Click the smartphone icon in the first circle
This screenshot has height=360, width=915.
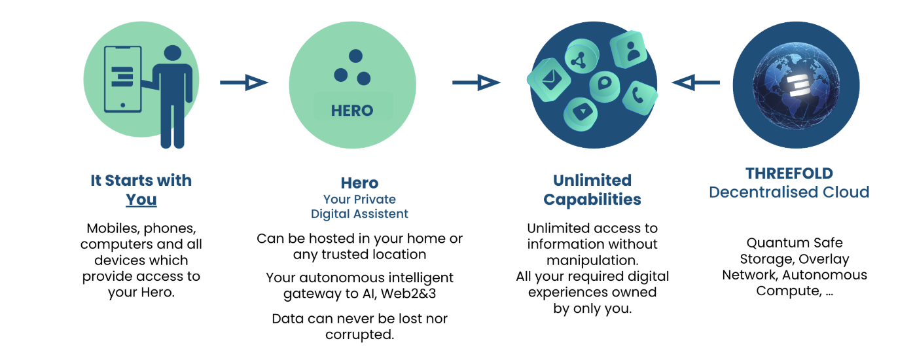123,79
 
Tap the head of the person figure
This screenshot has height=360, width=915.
173,53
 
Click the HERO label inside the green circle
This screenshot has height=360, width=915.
352,111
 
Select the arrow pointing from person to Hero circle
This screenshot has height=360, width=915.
244,82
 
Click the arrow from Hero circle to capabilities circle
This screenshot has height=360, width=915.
476,82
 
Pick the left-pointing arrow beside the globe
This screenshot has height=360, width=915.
696,82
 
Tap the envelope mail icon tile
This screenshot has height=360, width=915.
549,79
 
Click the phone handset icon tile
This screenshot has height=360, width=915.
639,98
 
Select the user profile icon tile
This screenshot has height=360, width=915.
629,50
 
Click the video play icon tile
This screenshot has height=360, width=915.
581,114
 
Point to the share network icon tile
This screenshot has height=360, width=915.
581,57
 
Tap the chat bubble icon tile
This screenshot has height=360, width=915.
605,86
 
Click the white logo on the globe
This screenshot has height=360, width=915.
800,86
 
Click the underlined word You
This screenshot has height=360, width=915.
141,200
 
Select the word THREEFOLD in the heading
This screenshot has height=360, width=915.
789,173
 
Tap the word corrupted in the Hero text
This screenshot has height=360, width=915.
359,334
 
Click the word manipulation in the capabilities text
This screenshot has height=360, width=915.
592,261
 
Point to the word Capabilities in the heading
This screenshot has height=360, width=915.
592,200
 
